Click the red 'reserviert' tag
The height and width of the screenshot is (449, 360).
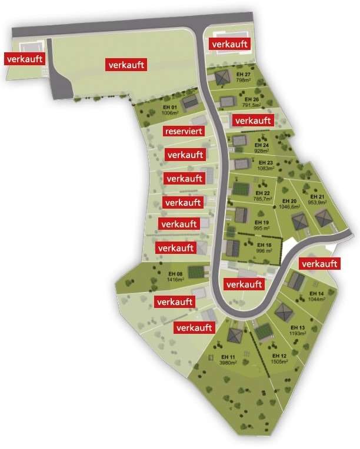(x=185, y=131)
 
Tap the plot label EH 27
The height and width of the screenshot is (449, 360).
(x=244, y=75)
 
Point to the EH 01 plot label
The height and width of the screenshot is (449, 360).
(x=169, y=108)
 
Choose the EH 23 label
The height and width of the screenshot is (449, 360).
(x=266, y=163)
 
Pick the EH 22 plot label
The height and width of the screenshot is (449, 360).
(x=263, y=193)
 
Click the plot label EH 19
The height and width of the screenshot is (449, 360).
(x=262, y=223)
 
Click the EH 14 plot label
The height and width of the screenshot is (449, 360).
(x=316, y=293)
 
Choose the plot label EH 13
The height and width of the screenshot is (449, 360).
(x=298, y=327)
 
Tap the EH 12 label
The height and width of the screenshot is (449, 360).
(x=279, y=357)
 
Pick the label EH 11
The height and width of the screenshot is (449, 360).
(x=229, y=357)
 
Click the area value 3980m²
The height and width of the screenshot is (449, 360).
(x=229, y=363)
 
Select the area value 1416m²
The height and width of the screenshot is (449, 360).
(x=176, y=280)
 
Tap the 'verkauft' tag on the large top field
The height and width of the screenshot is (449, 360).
(x=126, y=65)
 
